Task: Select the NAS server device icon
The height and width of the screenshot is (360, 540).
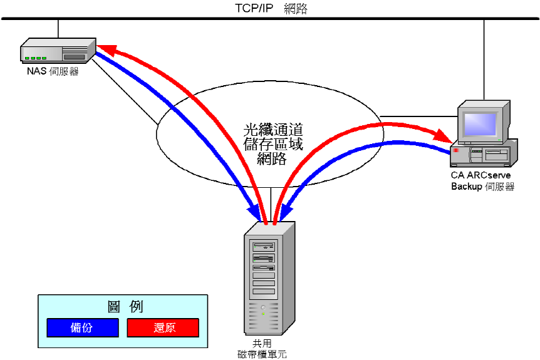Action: (57, 51)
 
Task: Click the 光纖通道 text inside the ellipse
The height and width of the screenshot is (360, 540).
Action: (273, 130)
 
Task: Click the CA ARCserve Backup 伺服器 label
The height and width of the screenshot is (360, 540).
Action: (482, 181)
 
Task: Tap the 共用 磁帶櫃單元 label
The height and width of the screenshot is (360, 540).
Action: (262, 348)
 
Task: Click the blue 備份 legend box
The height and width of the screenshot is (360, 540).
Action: (82, 327)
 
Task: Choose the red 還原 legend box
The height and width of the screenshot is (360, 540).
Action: (163, 327)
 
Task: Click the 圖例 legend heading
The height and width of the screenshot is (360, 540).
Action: (125, 306)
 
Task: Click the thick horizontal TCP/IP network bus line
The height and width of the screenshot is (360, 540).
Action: (188, 19)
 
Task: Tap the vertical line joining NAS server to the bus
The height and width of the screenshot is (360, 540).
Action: (58, 29)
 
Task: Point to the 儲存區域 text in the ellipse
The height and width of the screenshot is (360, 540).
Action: (273, 145)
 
